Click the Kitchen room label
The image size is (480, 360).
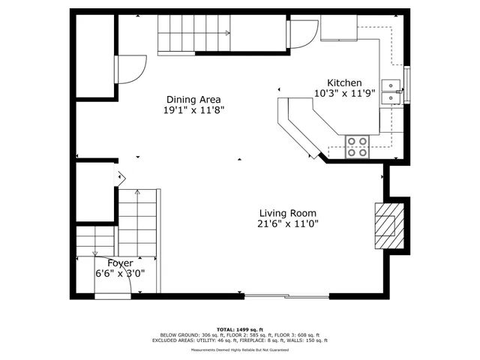point(344,83)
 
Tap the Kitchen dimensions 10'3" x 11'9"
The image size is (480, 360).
point(344,94)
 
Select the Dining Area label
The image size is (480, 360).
point(193,99)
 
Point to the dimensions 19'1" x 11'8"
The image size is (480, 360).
point(193,110)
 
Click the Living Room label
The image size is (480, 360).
point(288,212)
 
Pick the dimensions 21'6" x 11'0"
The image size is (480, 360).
point(288,223)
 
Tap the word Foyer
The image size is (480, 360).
point(120,263)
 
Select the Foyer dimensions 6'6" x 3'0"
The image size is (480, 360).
point(120,274)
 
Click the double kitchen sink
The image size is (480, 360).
point(391,91)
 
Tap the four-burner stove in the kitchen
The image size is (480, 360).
point(357,146)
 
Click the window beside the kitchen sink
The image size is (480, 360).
point(407,85)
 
